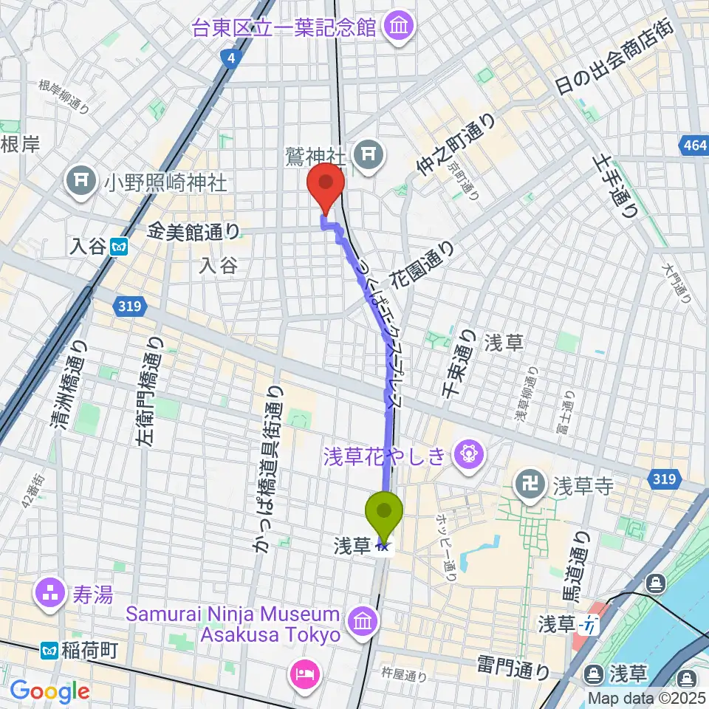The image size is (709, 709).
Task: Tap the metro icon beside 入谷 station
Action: [118, 247]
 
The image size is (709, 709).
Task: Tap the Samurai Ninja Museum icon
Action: [362, 619]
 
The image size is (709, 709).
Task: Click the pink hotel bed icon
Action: [306, 673]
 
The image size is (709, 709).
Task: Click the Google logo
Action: [49, 691]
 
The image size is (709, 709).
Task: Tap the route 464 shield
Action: [695, 146]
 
